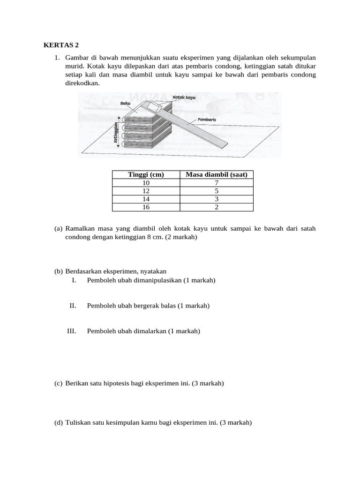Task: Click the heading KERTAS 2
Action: tap(61, 45)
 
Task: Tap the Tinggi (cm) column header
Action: tap(146, 174)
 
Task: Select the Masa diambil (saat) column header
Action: tap(216, 174)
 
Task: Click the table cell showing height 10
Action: tap(146, 183)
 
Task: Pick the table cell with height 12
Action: tap(146, 191)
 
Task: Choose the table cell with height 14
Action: tap(146, 199)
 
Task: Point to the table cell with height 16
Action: tap(146, 207)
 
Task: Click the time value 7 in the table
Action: tap(217, 183)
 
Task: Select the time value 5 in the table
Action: tap(217, 191)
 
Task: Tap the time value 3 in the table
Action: tap(217, 199)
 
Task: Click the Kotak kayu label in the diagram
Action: tap(184, 97)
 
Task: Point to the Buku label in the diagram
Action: tap(125, 103)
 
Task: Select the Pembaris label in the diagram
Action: tap(207, 120)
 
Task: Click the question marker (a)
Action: tap(59, 228)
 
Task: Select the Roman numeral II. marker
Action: tap(73, 306)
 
